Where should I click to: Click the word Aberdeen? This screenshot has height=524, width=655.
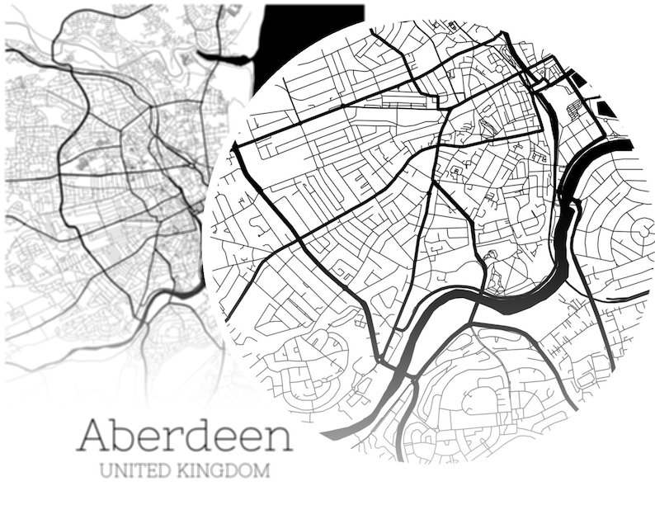tap(184, 436)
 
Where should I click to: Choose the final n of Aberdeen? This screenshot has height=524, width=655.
tap(278, 438)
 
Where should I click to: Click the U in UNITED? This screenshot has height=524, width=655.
tap(105, 472)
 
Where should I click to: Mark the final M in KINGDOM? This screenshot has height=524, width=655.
tap(263, 472)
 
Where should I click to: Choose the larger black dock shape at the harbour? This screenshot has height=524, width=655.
tap(606, 108)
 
